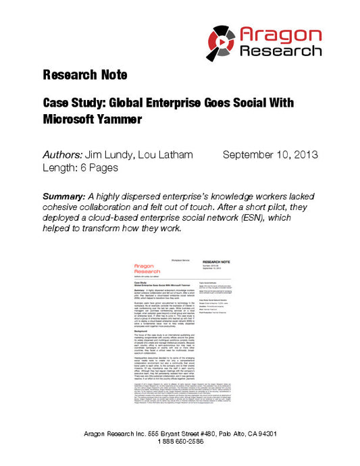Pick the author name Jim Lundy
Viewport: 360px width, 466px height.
click(110, 155)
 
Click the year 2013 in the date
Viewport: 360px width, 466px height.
click(303, 155)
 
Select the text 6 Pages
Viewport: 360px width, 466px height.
click(99, 167)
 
